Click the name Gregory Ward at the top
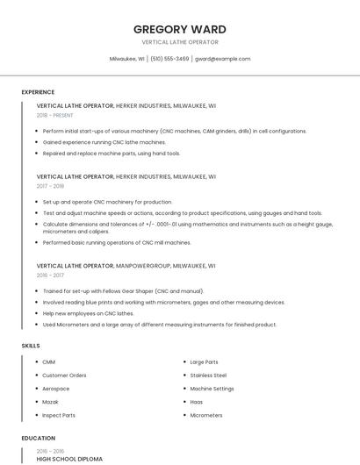coord(179,29)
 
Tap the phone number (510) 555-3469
coord(169,59)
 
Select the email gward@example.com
coord(222,59)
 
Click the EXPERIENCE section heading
coord(38,91)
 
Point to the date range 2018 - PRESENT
coord(55,115)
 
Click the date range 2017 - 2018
coord(51,186)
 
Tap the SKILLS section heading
coord(31,346)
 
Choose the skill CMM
coord(48,361)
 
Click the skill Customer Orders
coord(64,375)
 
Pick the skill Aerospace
coord(55,389)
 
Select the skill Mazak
coord(50,402)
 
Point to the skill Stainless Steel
coord(208,375)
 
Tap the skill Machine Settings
coord(212,389)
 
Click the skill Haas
coord(197,402)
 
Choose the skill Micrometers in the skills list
coord(206,415)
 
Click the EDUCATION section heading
coord(38,438)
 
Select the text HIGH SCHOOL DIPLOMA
coord(69,459)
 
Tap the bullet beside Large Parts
coord(182,361)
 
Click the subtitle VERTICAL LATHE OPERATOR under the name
coord(179,42)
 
